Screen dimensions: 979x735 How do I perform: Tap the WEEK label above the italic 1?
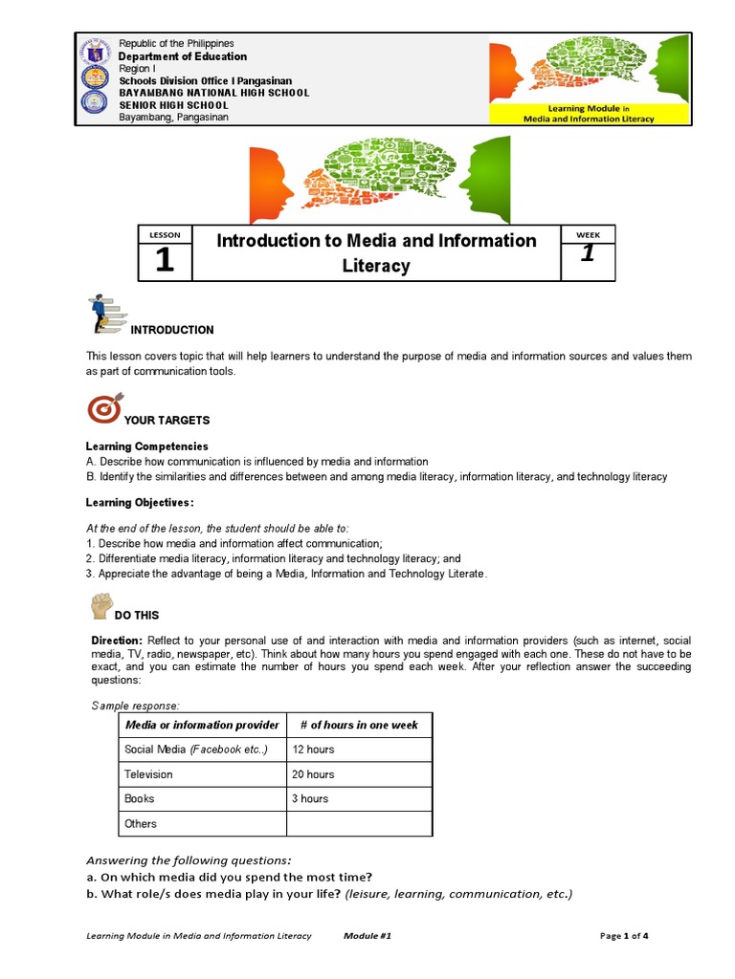588,234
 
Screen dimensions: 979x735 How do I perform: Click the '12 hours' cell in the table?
313,750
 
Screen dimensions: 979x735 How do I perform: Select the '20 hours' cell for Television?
313,774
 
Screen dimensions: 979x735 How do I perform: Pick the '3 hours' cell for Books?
310,798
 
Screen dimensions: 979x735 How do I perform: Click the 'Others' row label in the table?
141,823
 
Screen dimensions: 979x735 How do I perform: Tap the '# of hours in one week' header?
359,725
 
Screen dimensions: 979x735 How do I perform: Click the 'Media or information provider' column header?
202,725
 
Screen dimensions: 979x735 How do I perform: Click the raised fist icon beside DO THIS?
101,605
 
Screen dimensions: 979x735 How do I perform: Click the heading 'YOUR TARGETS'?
167,421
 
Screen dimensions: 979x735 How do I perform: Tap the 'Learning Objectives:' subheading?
140,503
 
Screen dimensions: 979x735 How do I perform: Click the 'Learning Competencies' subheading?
146,446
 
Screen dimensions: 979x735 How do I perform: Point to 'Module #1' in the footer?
367,936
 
